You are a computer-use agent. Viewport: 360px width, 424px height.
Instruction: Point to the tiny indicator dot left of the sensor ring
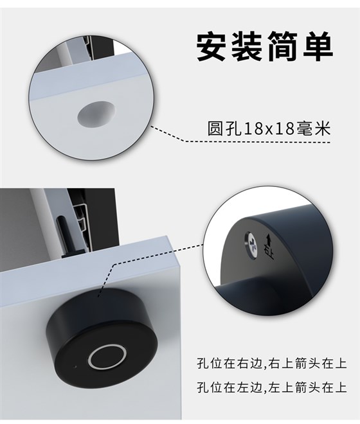(75, 367)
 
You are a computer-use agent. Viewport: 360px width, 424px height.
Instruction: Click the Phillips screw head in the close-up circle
(249, 242)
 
